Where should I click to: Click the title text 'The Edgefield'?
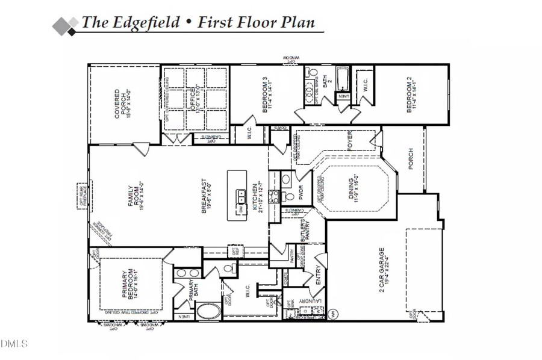coord(130,23)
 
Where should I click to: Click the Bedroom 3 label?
coord(267,94)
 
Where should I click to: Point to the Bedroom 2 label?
coord(413,94)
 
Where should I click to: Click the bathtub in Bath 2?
coord(343,79)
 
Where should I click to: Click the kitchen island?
coord(237,196)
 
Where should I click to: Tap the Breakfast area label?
coord(207,196)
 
